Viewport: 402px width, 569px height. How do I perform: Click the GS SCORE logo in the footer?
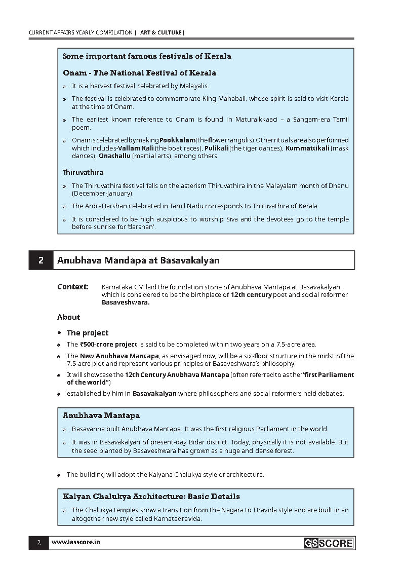click(x=329, y=543)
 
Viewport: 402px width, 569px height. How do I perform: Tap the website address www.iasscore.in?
click(x=75, y=542)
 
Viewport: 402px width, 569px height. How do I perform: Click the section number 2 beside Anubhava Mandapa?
click(x=41, y=260)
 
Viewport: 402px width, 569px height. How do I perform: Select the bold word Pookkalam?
click(x=177, y=140)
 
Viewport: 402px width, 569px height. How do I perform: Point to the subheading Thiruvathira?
click(x=83, y=172)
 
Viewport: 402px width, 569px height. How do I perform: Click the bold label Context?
click(x=73, y=287)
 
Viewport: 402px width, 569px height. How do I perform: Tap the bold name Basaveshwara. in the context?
click(x=126, y=302)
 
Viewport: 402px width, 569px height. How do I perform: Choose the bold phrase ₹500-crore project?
click(x=109, y=344)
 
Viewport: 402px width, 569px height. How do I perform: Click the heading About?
click(x=68, y=317)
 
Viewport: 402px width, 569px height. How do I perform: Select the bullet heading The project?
click(x=88, y=333)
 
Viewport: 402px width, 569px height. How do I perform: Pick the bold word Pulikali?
click(x=216, y=148)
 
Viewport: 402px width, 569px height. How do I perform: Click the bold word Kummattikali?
click(x=307, y=148)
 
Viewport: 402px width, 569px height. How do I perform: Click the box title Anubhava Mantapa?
click(x=101, y=415)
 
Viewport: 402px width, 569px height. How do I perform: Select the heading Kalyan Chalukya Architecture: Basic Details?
click(x=151, y=497)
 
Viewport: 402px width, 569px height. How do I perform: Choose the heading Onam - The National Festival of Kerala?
click(x=139, y=73)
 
